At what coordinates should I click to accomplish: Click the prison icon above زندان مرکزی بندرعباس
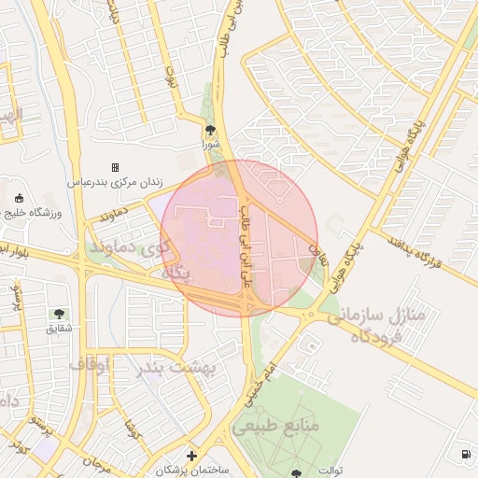[x=115, y=168]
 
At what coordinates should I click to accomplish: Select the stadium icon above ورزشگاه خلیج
[x=20, y=197]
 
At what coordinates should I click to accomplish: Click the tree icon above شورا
[x=210, y=130]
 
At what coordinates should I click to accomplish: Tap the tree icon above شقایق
[x=59, y=315]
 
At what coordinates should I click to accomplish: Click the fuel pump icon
[x=465, y=455]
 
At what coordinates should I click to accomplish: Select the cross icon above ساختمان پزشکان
[x=191, y=456]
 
